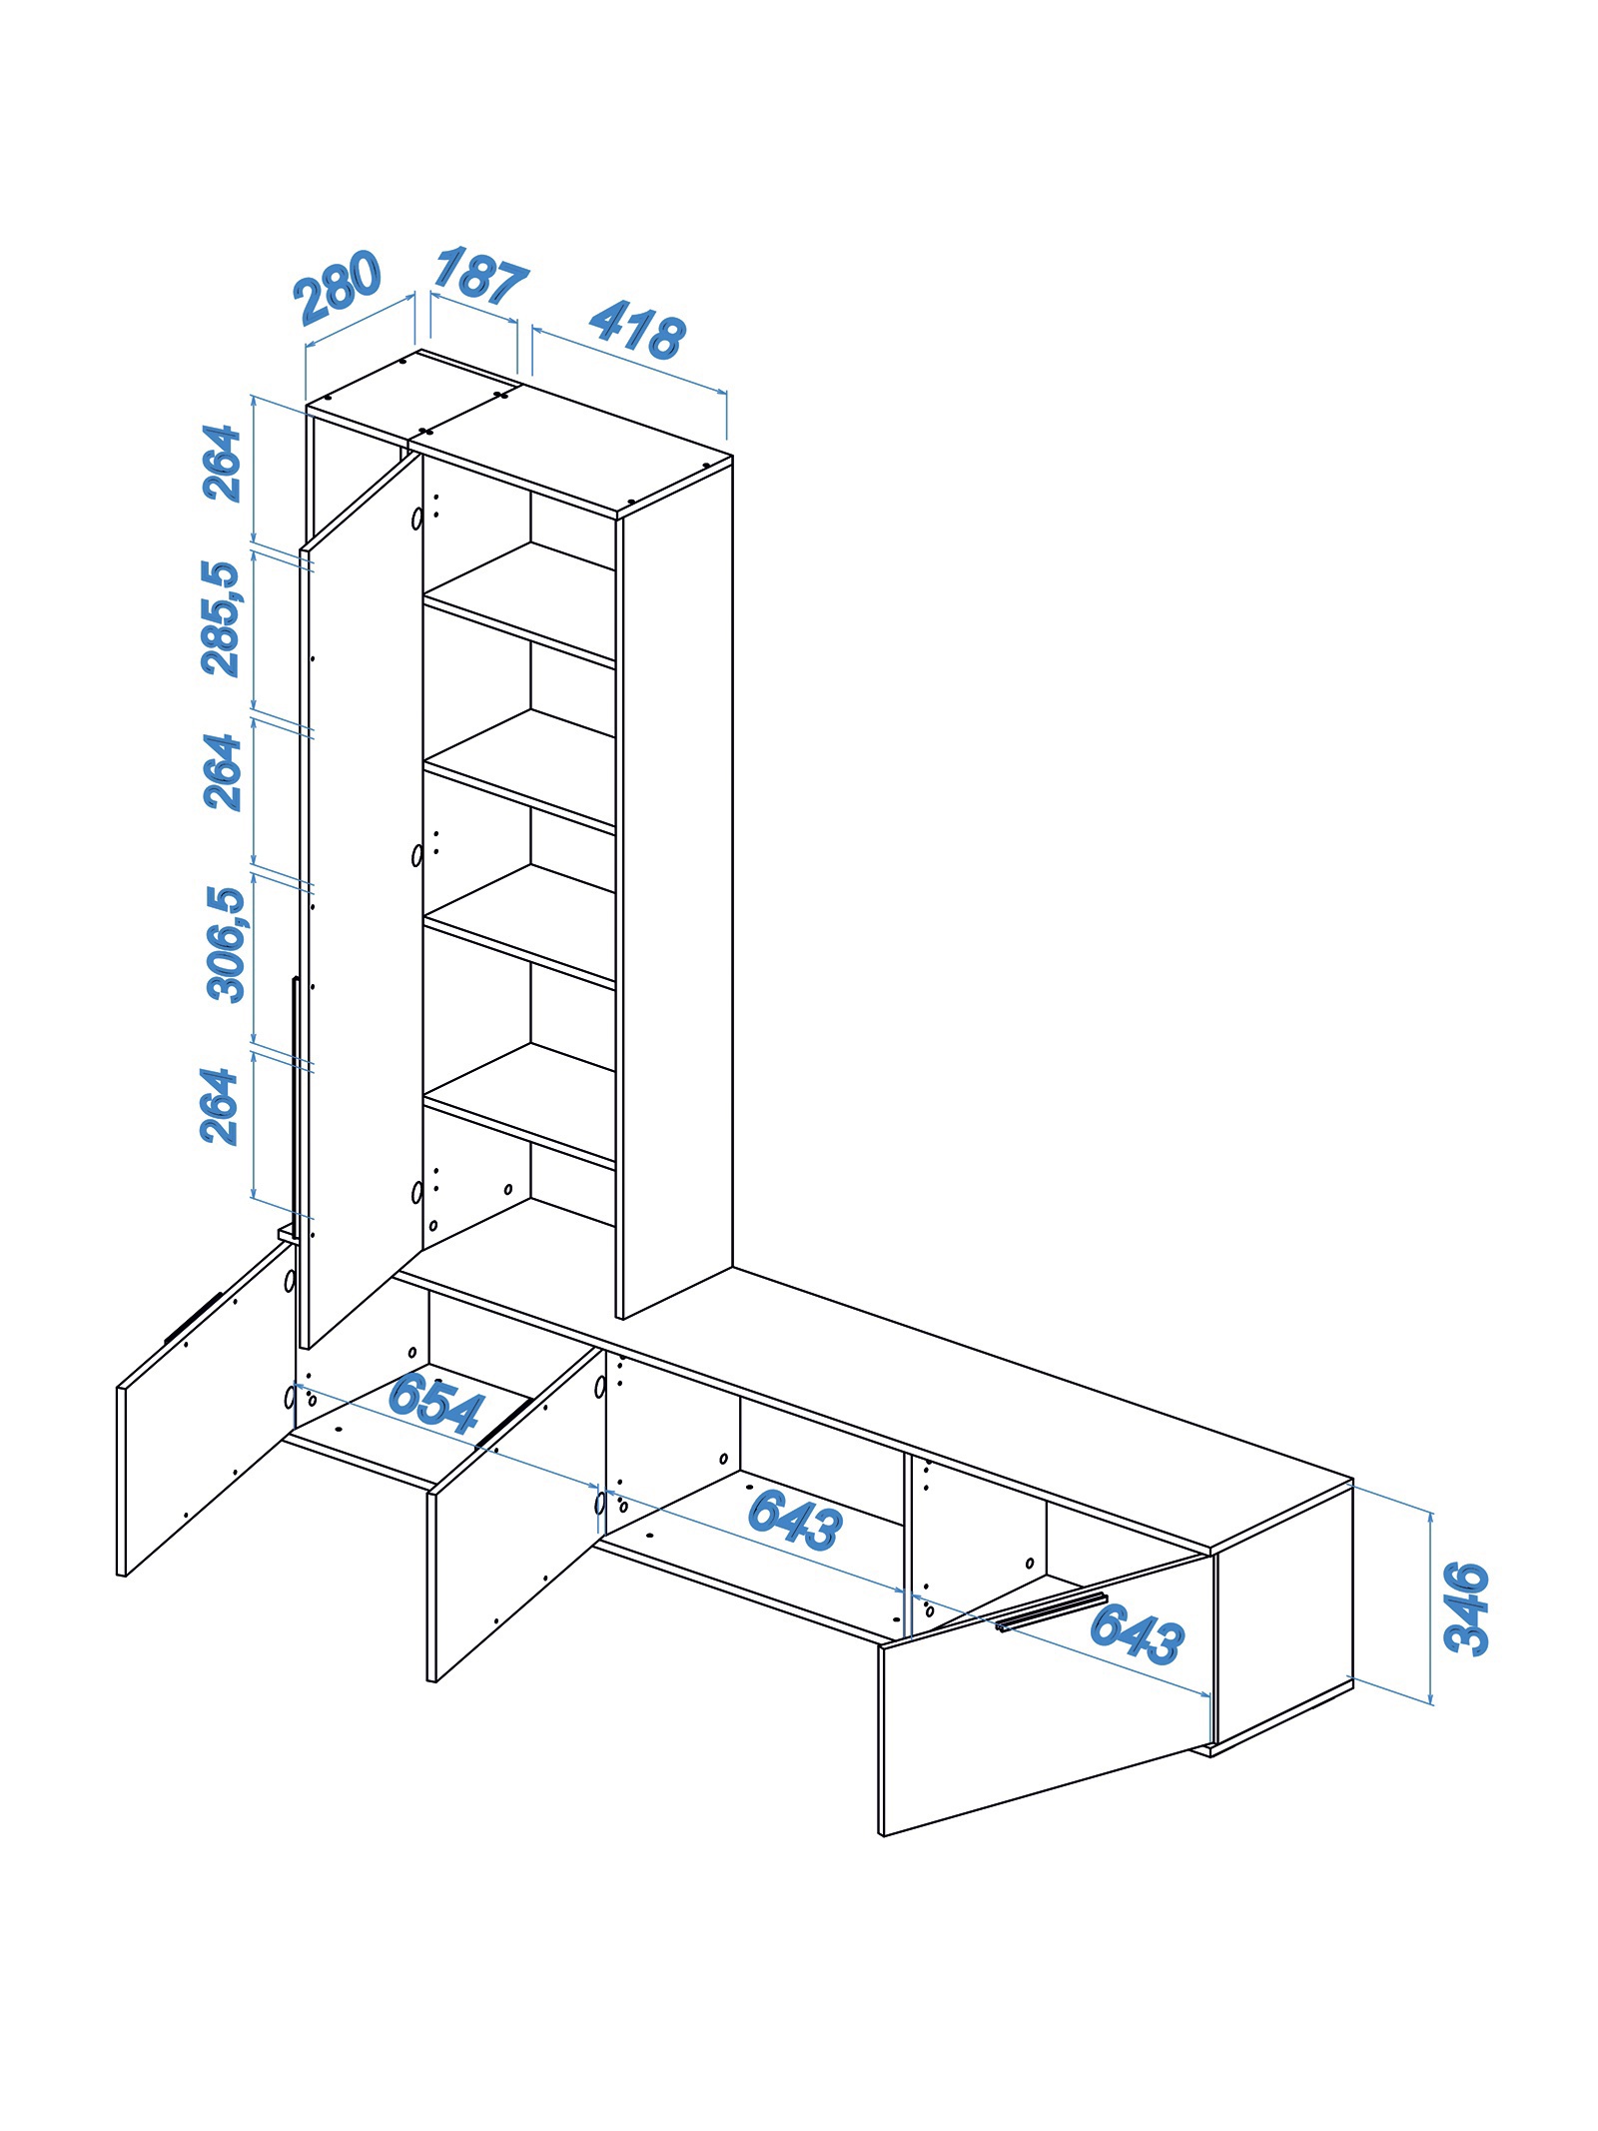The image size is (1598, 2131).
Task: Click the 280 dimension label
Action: (x=338, y=287)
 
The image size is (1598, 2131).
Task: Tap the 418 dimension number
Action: (x=637, y=330)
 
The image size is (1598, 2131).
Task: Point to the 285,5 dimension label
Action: (x=221, y=618)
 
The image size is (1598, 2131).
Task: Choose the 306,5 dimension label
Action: (x=225, y=944)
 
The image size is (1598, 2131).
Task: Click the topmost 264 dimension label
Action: (x=222, y=463)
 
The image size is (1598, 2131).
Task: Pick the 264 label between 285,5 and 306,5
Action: (x=222, y=771)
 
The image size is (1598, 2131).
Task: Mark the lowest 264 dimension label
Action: (x=219, y=1106)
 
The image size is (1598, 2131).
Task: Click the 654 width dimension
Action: (x=435, y=1403)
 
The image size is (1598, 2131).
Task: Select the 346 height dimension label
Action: (x=1467, y=1608)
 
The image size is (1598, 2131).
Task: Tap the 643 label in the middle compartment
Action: (x=795, y=1520)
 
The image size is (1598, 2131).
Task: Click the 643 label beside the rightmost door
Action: (x=1137, y=1633)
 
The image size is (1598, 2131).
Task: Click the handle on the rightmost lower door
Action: (x=1052, y=1611)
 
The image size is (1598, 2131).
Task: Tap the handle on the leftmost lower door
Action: (x=193, y=1318)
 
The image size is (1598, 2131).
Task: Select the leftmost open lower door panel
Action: (x=203, y=1408)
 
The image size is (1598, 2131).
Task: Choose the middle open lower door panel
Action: (x=514, y=1515)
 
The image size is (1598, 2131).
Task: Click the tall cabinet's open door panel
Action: (x=361, y=899)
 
